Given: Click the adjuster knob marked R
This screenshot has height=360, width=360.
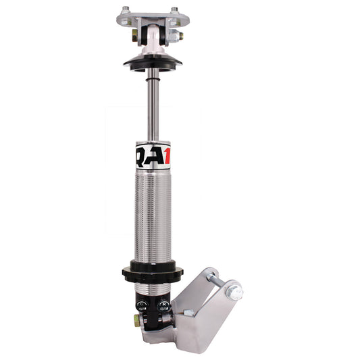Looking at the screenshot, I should tap(163, 305).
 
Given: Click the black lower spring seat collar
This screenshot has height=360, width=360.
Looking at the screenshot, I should tap(153, 274).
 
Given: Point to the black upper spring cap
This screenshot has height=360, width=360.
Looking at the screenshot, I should tap(152, 63).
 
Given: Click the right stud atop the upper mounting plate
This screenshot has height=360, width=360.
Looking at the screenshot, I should tap(174, 10).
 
